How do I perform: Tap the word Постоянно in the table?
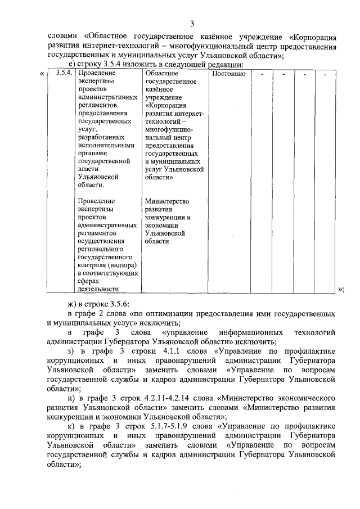click(x=228, y=74)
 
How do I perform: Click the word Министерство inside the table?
click(x=166, y=201)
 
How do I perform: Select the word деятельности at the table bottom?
click(x=98, y=289)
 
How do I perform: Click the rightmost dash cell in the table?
click(x=325, y=74)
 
